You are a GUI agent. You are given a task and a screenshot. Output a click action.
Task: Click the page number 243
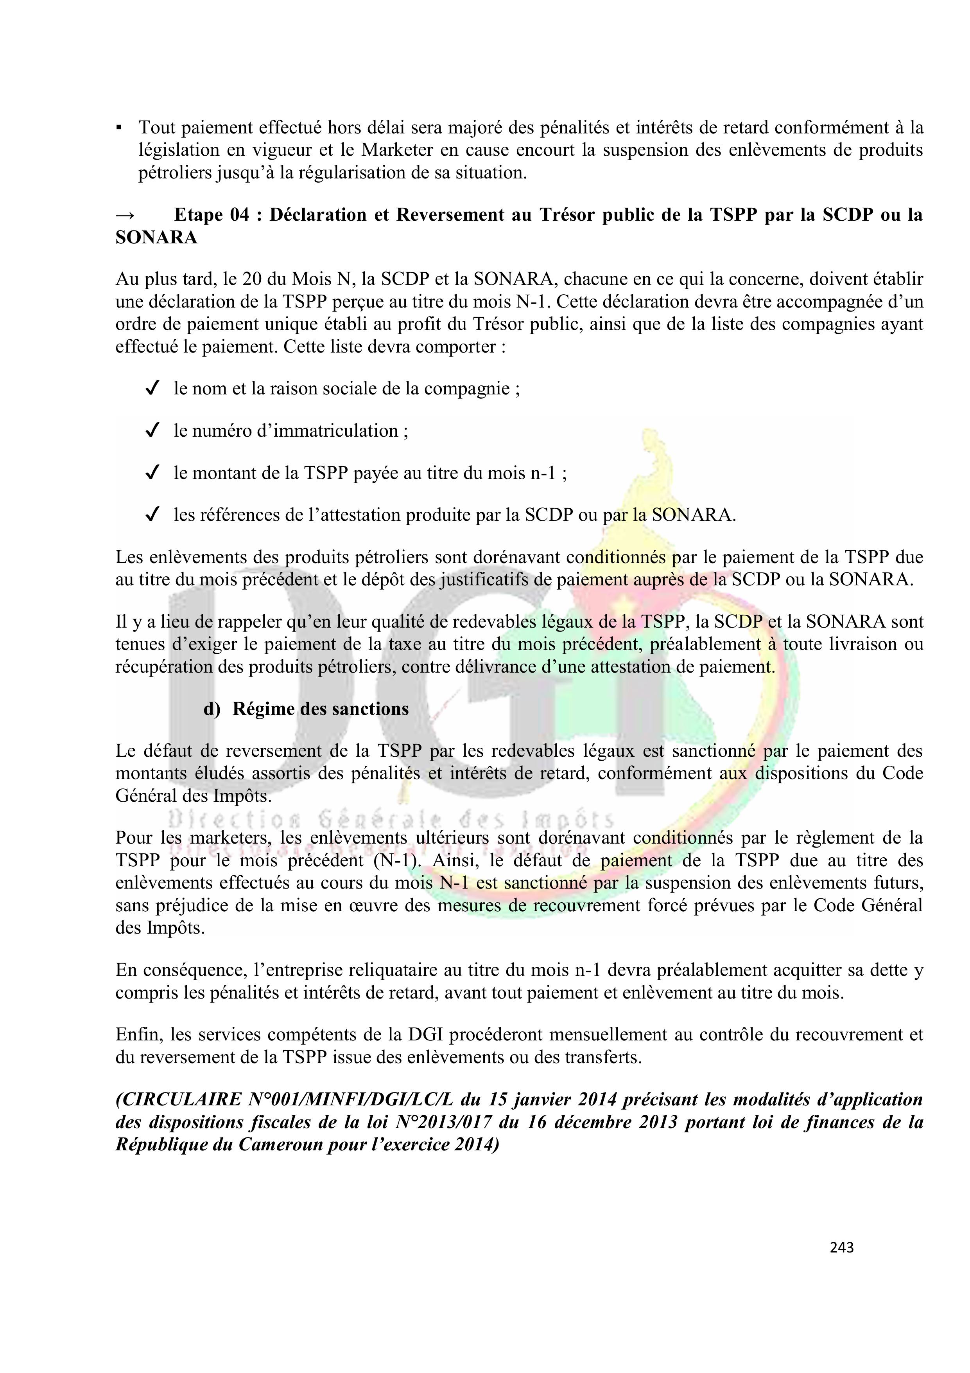(x=841, y=1247)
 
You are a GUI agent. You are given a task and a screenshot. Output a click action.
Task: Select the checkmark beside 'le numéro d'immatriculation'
(x=152, y=430)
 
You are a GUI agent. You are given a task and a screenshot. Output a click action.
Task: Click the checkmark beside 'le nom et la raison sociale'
(x=152, y=389)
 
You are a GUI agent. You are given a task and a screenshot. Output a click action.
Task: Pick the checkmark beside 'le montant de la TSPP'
(x=152, y=473)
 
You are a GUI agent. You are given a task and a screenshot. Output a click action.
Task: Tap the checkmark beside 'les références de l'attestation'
(x=152, y=515)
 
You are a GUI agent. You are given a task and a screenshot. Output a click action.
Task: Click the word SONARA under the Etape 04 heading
(x=156, y=238)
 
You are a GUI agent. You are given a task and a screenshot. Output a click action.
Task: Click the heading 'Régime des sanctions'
(x=320, y=709)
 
